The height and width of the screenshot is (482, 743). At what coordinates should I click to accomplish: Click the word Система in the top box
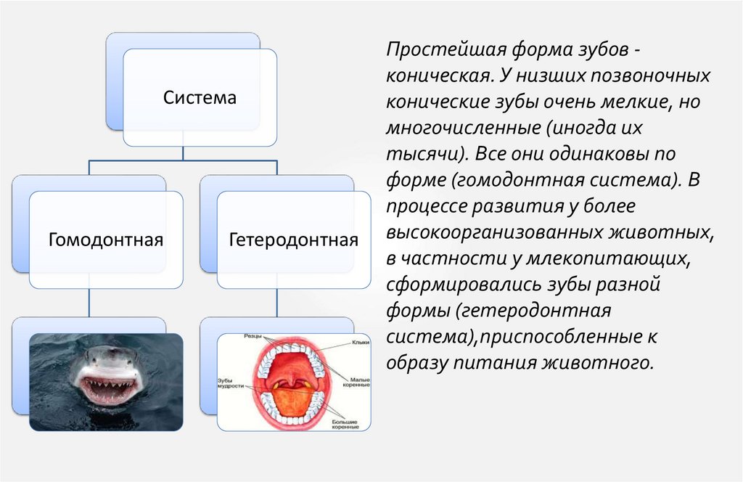(200, 97)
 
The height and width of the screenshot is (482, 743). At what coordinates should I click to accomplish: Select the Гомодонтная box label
(105, 239)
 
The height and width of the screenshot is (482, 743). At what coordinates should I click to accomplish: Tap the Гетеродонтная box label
(293, 239)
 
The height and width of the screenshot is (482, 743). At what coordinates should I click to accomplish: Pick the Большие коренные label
(346, 424)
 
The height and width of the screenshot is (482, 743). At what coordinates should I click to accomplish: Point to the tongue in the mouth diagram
(294, 404)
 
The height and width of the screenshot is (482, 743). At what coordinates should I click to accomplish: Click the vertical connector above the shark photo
(89, 303)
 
